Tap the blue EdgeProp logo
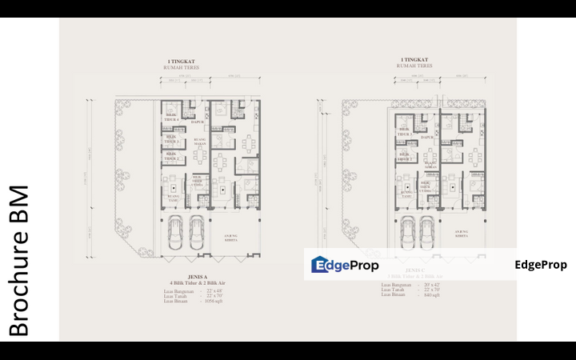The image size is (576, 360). tap(345, 265)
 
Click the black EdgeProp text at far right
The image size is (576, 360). tap(541, 265)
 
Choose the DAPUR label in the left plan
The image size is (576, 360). tap(197, 122)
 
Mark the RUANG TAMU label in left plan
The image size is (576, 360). tap(174, 197)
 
